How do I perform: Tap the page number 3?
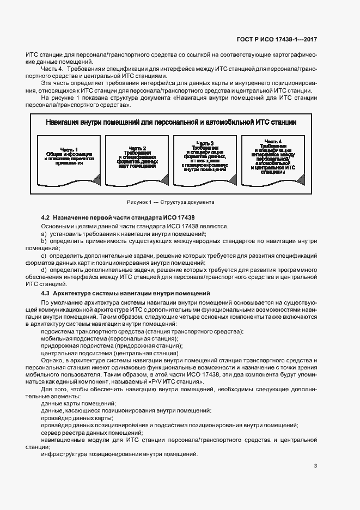tap(315, 465)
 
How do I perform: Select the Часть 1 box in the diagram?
tap(69, 159)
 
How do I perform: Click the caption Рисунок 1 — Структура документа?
tap(170, 202)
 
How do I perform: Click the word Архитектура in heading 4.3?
tap(75, 294)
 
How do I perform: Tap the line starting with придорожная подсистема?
tap(112, 345)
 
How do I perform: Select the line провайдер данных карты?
tap(73, 417)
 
